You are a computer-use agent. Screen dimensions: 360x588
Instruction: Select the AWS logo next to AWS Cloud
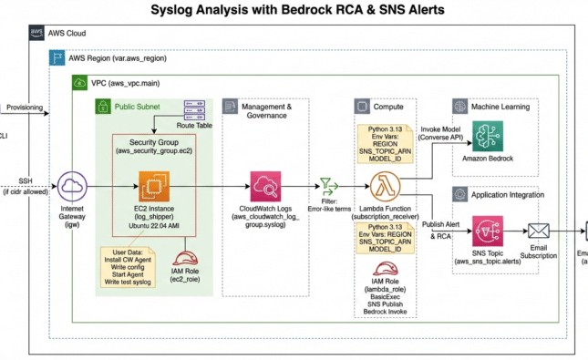(x=36, y=33)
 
